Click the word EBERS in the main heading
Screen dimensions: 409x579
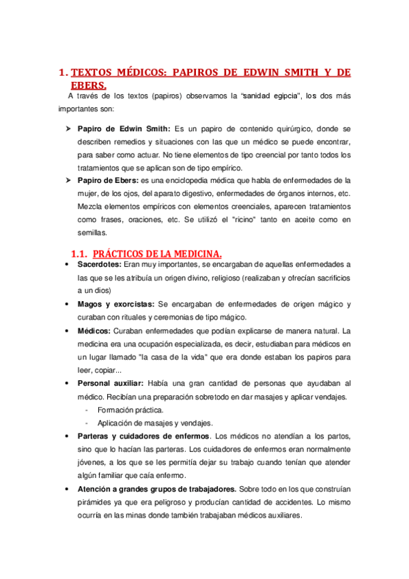[88, 85]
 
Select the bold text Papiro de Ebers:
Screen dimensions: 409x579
[108, 180]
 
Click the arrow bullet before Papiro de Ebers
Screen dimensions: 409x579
[69, 180]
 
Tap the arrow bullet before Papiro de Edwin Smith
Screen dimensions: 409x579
[69, 128]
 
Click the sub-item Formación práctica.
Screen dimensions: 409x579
[130, 410]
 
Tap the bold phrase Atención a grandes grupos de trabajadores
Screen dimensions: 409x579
[157, 489]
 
